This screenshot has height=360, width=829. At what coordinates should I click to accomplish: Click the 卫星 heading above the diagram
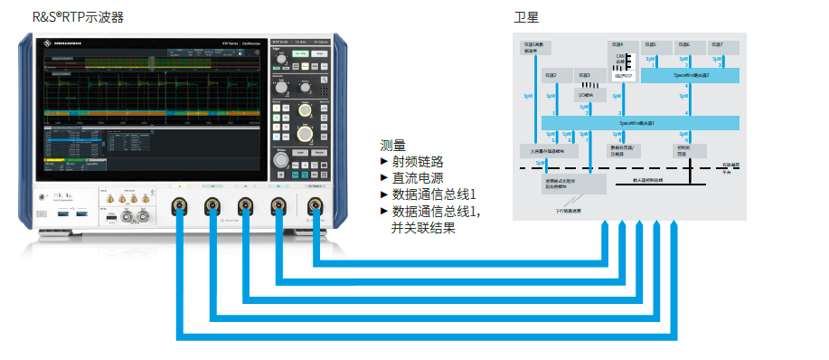526,17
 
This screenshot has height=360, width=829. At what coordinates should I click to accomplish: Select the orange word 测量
392,145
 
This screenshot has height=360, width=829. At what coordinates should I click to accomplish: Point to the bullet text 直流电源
417,177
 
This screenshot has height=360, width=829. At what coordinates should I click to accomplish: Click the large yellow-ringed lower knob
305,132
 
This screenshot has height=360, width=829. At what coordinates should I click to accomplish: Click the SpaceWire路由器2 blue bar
692,76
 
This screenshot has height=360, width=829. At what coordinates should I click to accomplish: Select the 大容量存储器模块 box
542,149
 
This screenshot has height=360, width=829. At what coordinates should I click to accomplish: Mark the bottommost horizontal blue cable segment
425,337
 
